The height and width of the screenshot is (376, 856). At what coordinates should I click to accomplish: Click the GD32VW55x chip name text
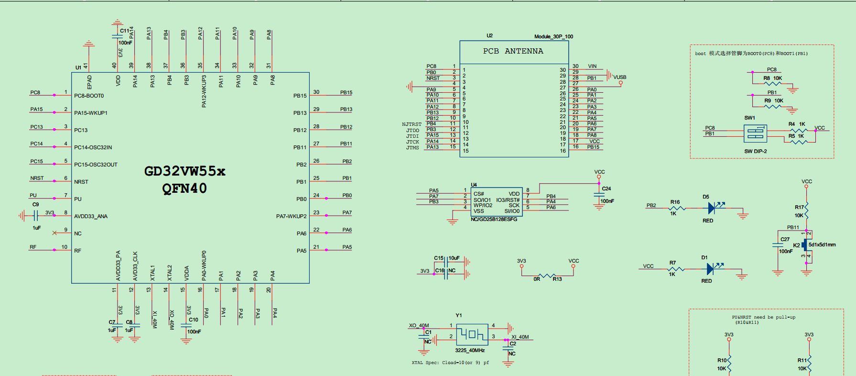(184, 171)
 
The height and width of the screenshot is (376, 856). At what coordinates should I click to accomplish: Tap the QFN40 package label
(184, 188)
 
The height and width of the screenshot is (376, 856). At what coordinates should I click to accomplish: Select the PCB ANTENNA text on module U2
(513, 51)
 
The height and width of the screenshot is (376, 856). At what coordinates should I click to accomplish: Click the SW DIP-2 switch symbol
(755, 133)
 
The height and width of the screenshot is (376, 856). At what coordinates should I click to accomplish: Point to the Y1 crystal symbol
(472, 334)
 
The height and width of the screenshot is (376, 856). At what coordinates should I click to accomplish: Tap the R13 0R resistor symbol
(547, 275)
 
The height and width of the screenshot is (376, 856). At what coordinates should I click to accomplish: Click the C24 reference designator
(607, 188)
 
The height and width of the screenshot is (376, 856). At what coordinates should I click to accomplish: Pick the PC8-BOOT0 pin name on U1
(89, 96)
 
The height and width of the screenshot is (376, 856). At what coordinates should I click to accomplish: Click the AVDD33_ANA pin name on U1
(91, 216)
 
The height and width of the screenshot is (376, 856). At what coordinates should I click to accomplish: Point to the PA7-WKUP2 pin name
(291, 216)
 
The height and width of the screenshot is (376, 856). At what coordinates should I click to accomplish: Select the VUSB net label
(620, 77)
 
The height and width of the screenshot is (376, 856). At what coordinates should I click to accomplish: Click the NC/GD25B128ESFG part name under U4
(494, 219)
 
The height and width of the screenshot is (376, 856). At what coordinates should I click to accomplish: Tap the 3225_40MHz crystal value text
(470, 351)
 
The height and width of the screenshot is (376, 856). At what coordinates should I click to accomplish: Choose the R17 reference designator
(799, 207)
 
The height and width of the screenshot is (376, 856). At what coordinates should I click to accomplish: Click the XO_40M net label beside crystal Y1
(419, 326)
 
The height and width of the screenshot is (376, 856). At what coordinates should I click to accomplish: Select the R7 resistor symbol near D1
(676, 269)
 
